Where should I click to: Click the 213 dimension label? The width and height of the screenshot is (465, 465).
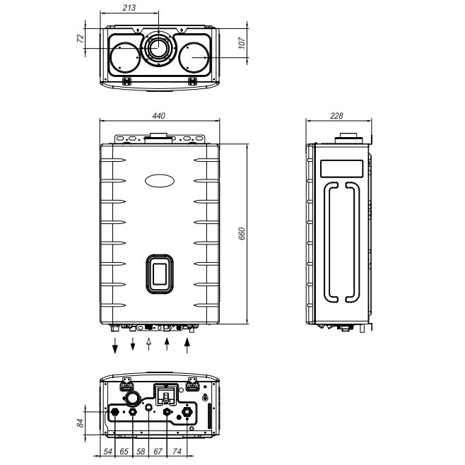pos(129,8)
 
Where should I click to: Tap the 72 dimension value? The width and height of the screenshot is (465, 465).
pos(81,38)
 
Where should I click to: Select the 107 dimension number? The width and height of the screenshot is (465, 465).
pos(242,43)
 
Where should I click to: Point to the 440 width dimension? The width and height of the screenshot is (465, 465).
pos(159,116)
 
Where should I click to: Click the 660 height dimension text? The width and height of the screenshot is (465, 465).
pos(242,234)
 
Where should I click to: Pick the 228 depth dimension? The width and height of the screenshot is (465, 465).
pos(336,116)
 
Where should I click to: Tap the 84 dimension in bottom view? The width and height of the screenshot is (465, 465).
pos(81,423)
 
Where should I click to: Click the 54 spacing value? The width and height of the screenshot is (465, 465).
pos(107,452)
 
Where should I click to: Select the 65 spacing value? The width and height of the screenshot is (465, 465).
pos(124,452)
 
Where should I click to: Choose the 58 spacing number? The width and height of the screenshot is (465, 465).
pos(141,452)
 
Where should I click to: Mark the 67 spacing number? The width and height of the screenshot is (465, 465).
pos(158,452)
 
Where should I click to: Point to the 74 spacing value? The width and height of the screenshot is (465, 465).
pos(177,452)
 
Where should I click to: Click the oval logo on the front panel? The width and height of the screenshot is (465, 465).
pos(160,181)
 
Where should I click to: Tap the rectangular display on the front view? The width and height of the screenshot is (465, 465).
pos(160,273)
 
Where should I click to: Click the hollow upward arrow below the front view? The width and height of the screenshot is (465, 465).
pos(149,343)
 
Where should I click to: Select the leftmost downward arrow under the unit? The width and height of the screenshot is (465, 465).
pos(115,345)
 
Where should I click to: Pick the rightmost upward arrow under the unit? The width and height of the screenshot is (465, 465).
pos(187,345)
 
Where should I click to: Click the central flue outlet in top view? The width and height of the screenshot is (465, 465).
pos(158,47)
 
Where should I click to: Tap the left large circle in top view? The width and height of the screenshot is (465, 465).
pos(125,57)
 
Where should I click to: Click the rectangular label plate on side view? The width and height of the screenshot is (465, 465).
pos(341,169)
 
